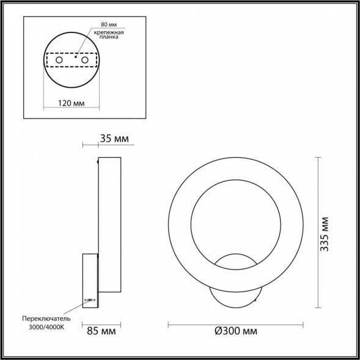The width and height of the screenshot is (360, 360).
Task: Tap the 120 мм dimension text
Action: point(72,103)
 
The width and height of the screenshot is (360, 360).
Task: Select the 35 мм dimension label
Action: point(114,139)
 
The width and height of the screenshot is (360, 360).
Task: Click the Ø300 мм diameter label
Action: point(235,331)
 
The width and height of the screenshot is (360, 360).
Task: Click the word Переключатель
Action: point(47,318)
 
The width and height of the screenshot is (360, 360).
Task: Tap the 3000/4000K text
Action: point(47,328)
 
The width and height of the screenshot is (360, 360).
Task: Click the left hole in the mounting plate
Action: point(59,62)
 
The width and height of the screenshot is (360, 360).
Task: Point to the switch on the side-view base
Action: point(90,300)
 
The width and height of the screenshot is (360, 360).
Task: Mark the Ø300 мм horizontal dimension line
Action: point(235,323)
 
